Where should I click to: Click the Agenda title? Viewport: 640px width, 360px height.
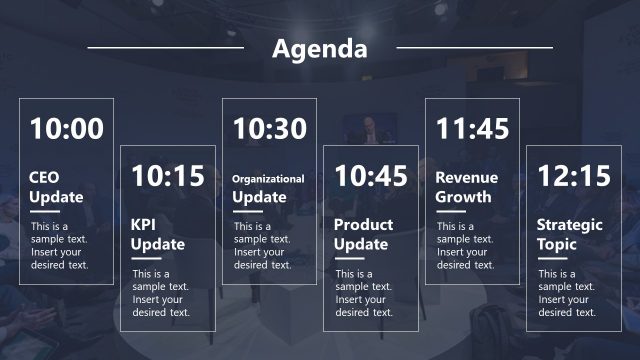[320, 48]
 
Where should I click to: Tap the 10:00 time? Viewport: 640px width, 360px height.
[66, 129]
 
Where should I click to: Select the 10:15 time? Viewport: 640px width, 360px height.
[167, 177]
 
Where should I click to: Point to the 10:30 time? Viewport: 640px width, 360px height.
[269, 129]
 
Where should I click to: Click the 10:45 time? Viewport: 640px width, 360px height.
[371, 177]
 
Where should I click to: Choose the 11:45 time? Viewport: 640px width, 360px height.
[472, 129]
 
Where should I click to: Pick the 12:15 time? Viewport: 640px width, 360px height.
[574, 177]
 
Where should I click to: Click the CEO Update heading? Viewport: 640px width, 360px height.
[56, 187]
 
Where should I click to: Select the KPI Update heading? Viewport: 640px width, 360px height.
[158, 234]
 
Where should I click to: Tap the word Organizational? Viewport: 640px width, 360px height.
[268, 179]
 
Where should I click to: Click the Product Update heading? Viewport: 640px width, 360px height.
[363, 234]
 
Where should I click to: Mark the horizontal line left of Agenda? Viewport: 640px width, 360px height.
[165, 47]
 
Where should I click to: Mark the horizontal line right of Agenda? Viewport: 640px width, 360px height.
[474, 47]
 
